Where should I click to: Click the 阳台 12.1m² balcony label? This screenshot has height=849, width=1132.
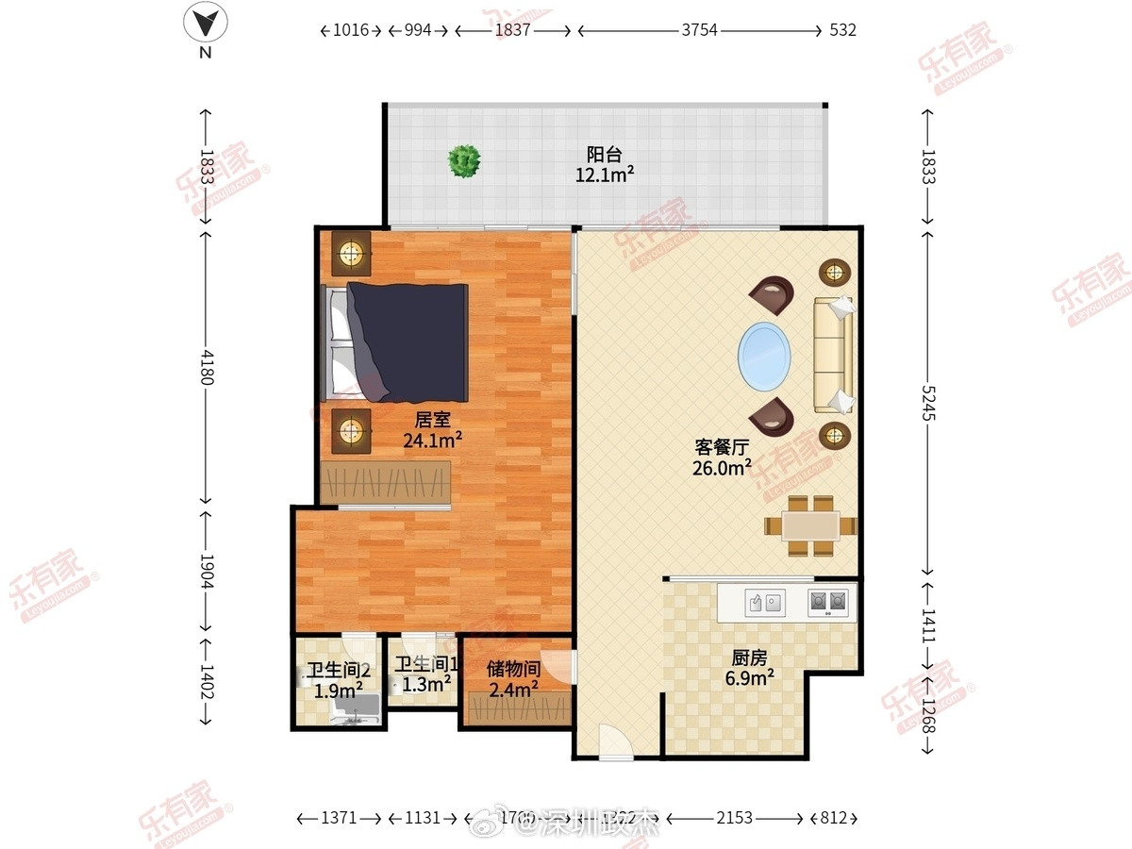[x=605, y=164]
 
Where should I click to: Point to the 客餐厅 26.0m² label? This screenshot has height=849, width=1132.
[x=723, y=456]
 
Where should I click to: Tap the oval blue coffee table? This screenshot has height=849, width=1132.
[x=763, y=355]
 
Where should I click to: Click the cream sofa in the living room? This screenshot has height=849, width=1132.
[x=834, y=354]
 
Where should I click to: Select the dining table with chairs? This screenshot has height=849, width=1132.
[x=810, y=525]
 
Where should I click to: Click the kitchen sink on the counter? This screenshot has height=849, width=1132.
[x=765, y=602]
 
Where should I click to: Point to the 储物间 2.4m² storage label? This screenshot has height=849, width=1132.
[x=513, y=678]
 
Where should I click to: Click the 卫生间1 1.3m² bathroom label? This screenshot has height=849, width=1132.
[x=426, y=674]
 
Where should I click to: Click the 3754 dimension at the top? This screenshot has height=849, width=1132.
[x=699, y=30]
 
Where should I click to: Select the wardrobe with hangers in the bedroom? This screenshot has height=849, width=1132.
[x=385, y=481]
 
